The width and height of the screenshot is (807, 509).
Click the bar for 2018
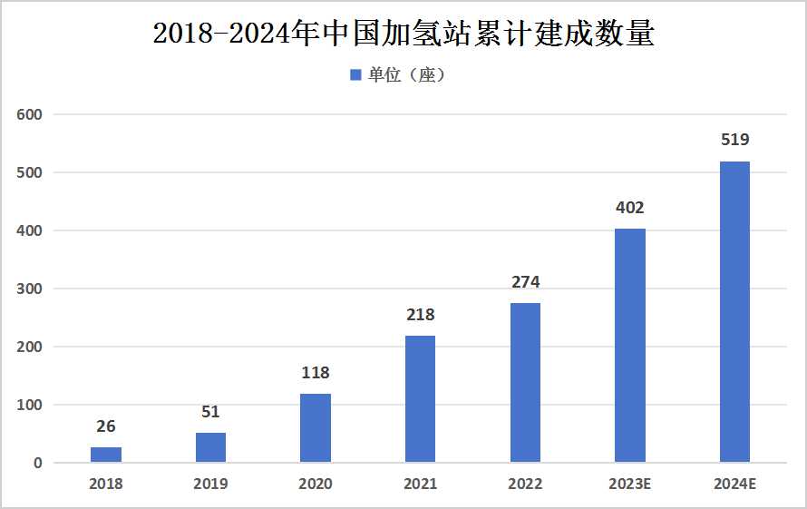click(x=106, y=455)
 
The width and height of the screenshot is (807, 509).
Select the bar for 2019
click(x=210, y=447)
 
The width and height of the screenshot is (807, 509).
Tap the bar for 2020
click(x=316, y=428)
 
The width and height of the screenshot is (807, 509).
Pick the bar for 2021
click(x=420, y=399)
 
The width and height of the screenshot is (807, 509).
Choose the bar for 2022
click(x=525, y=383)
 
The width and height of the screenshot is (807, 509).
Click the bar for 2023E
click(x=629, y=346)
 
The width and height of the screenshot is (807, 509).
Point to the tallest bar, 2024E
click(x=734, y=312)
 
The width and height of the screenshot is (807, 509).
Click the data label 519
click(x=734, y=141)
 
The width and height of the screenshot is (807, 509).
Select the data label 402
click(x=629, y=208)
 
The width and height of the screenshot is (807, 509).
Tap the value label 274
click(x=525, y=282)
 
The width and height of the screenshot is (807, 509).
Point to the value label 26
click(x=106, y=426)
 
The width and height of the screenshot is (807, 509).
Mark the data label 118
click(x=316, y=373)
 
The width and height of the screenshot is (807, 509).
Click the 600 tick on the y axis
click(x=29, y=115)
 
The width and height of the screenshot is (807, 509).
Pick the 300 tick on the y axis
click(x=29, y=289)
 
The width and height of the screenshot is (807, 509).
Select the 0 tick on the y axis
click(x=37, y=464)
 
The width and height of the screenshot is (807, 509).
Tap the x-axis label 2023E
click(x=629, y=485)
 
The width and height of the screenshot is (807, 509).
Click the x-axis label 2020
click(x=316, y=485)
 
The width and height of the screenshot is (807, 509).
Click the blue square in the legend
click(x=355, y=75)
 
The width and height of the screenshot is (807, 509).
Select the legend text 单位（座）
click(x=406, y=75)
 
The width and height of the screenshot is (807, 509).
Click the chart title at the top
click(x=403, y=34)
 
